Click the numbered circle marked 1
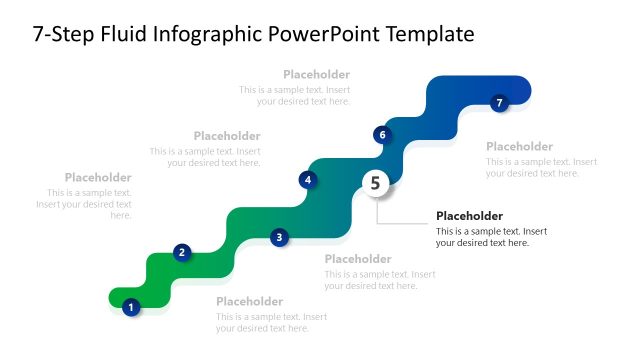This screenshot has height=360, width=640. (x=130, y=307)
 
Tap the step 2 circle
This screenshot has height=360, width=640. (x=182, y=252)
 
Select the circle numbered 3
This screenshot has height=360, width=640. (x=280, y=237)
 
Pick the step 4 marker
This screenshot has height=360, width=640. (x=308, y=180)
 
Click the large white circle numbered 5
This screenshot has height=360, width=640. (x=376, y=183)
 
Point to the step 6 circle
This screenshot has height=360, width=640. (x=381, y=134)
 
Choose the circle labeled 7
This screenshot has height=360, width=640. (x=500, y=102)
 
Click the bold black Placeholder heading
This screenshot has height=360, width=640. (x=469, y=216)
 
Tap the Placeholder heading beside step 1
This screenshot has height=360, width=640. (x=249, y=301)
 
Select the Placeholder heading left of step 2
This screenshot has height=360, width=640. (x=98, y=177)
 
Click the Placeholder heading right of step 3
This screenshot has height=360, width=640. (x=358, y=259)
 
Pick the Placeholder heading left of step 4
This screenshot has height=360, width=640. (x=227, y=136)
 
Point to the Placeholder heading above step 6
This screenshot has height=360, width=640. (x=316, y=74)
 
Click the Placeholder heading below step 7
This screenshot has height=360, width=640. (x=519, y=146)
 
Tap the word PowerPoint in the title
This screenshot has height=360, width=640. (x=318, y=35)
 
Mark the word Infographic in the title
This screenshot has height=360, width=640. (x=212, y=35)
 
